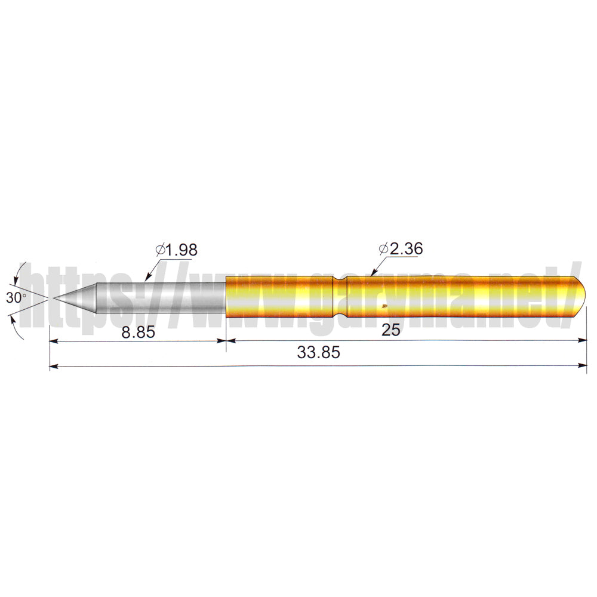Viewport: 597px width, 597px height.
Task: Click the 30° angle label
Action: tap(16, 298)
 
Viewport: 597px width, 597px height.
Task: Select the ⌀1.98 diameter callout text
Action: tap(177, 250)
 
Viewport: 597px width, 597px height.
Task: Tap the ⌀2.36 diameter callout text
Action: tap(401, 248)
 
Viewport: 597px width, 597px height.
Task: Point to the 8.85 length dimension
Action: tap(139, 332)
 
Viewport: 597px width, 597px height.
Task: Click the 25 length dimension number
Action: tap(390, 330)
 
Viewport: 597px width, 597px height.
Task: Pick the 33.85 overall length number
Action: tap(318, 353)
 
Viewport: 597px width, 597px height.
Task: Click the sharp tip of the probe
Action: tap(54, 298)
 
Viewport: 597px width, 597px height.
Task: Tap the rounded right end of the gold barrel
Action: tap(580, 297)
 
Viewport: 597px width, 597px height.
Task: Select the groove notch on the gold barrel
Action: tap(340, 297)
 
